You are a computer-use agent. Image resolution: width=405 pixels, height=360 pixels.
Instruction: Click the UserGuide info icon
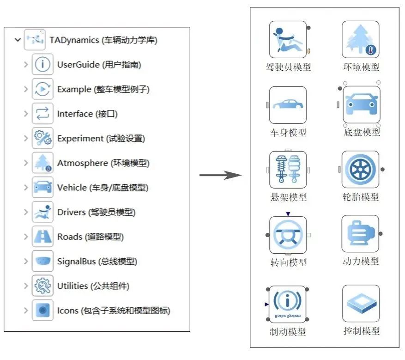(42, 65)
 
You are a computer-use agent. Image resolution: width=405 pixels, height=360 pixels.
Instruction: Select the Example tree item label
(103, 89)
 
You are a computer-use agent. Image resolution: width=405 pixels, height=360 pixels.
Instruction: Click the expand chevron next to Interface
(26, 114)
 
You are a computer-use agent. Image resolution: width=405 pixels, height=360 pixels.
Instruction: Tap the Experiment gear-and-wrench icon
(42, 138)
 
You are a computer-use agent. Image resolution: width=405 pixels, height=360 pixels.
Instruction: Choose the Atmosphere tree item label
(103, 163)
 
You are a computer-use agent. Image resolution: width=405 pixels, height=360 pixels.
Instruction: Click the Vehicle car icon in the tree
(42, 187)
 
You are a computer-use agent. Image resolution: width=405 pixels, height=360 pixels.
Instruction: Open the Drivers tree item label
(96, 212)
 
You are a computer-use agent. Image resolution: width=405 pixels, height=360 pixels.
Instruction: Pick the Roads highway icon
(42, 237)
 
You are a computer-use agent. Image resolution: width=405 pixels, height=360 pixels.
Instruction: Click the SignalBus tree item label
(97, 261)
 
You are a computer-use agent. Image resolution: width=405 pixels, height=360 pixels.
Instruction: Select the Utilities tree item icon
(42, 286)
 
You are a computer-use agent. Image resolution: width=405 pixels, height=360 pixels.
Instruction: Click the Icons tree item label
(114, 311)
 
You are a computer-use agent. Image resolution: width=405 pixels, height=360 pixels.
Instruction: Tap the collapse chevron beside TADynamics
(18, 40)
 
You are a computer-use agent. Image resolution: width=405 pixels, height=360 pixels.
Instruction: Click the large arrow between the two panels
(220, 175)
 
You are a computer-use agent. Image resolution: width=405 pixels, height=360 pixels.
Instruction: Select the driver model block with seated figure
(288, 40)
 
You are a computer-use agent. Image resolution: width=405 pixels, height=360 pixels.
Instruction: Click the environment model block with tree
(361, 40)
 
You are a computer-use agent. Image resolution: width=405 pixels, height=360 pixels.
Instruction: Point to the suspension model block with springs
(288, 170)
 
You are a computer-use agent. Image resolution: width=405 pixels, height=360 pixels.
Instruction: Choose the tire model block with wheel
(361, 170)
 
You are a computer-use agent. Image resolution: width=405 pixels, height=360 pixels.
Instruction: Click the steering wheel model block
(288, 235)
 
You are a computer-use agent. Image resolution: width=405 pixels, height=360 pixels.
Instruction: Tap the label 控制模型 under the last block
(361, 331)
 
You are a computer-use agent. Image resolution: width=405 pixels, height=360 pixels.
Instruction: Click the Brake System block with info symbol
(288, 304)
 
